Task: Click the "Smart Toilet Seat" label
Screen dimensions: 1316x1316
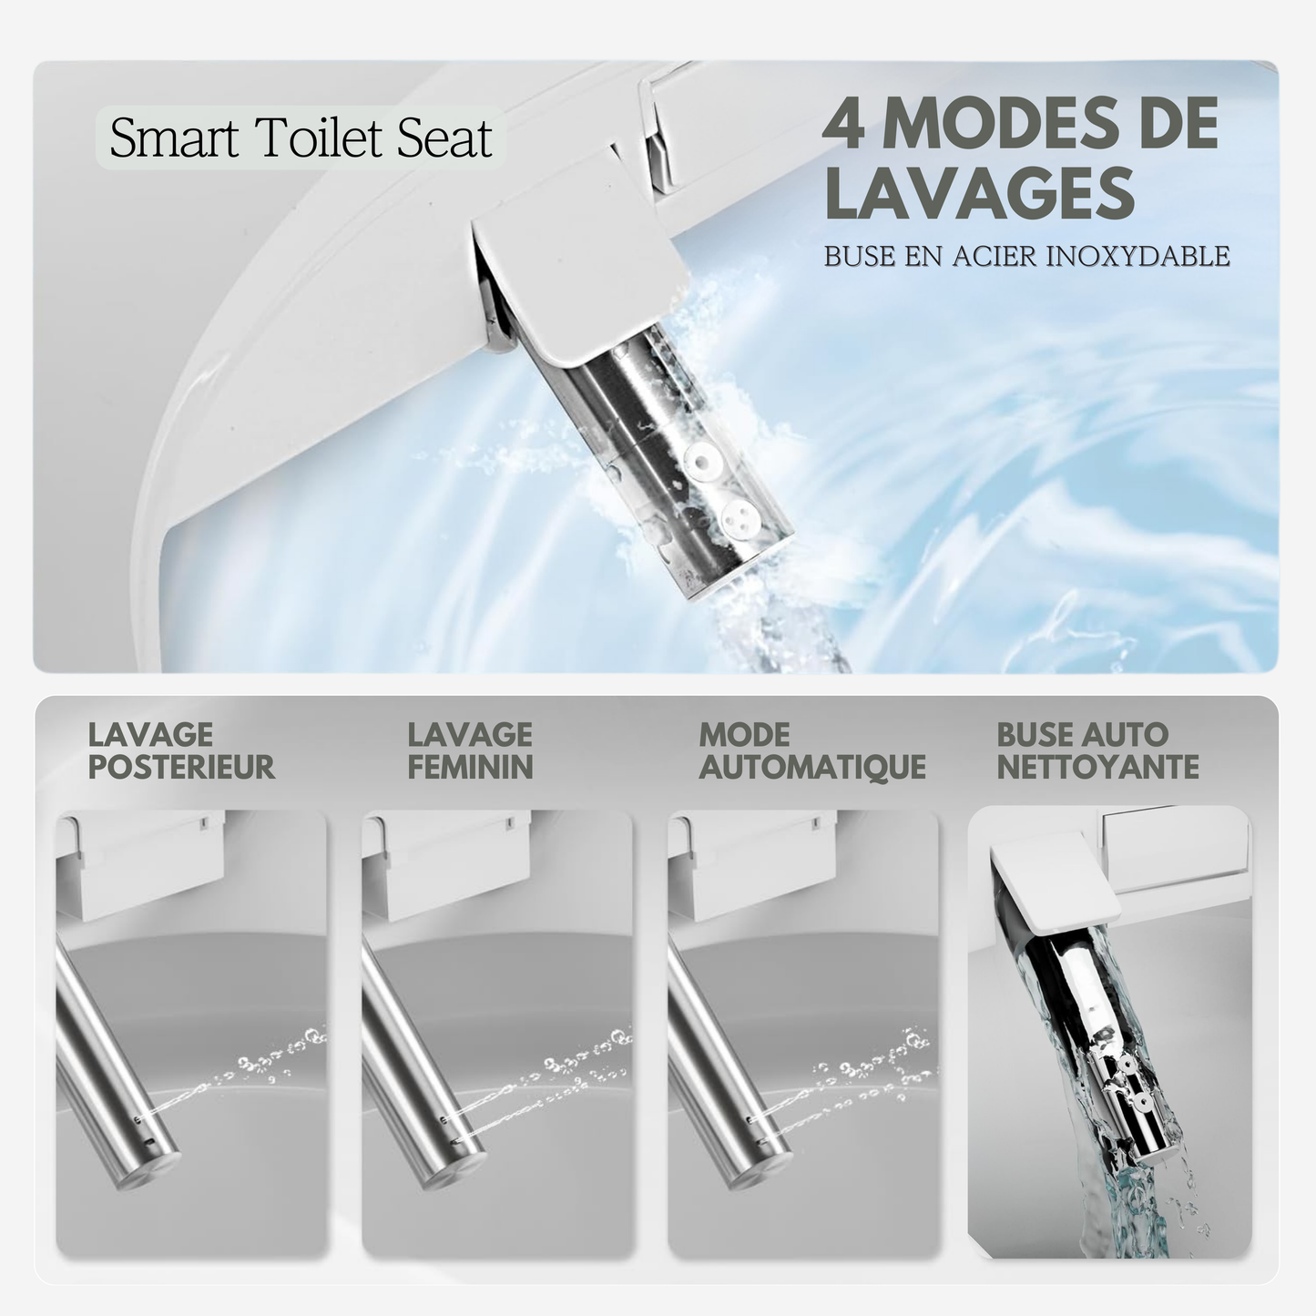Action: [301, 138]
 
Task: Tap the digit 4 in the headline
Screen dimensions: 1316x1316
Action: [844, 123]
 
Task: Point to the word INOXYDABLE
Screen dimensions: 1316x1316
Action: [1138, 256]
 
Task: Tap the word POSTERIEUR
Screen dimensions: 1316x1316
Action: [181, 767]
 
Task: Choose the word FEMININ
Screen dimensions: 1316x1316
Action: [470, 767]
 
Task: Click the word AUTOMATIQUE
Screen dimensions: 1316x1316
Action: [812, 767]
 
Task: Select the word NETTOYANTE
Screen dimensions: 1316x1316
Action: [1097, 767]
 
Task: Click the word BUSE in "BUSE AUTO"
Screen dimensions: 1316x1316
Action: [1031, 735]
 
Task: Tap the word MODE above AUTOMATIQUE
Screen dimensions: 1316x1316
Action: [744, 735]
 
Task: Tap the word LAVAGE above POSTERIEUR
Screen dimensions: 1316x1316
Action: [150, 735]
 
